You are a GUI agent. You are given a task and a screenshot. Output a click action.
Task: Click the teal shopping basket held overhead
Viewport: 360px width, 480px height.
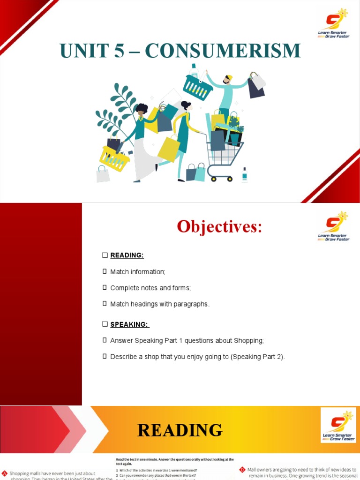click(x=198, y=87)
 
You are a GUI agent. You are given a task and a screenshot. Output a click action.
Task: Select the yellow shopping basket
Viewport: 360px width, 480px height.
click(x=114, y=158)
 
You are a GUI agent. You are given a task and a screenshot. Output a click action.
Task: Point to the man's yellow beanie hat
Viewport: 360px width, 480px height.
click(x=229, y=77)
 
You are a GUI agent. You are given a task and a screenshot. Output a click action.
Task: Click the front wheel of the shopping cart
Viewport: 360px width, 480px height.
click(x=230, y=179)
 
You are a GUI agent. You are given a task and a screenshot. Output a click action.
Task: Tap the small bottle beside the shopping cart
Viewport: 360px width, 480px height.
click(x=244, y=175)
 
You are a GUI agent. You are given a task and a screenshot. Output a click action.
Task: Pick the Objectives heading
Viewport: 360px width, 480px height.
click(x=219, y=227)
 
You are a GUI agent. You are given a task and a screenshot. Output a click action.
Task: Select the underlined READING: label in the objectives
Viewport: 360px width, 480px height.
click(x=127, y=255)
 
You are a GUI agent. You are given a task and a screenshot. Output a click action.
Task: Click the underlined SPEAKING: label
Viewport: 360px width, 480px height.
click(x=130, y=324)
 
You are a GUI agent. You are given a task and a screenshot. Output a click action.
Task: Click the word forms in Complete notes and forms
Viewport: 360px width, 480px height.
click(x=181, y=288)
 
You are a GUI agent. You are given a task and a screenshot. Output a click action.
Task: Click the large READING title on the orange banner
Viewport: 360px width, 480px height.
click(x=180, y=430)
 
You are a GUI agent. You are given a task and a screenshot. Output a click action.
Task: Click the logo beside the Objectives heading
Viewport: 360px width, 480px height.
click(x=334, y=226)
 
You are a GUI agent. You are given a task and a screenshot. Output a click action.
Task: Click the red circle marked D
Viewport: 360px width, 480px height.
click(x=242, y=469)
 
